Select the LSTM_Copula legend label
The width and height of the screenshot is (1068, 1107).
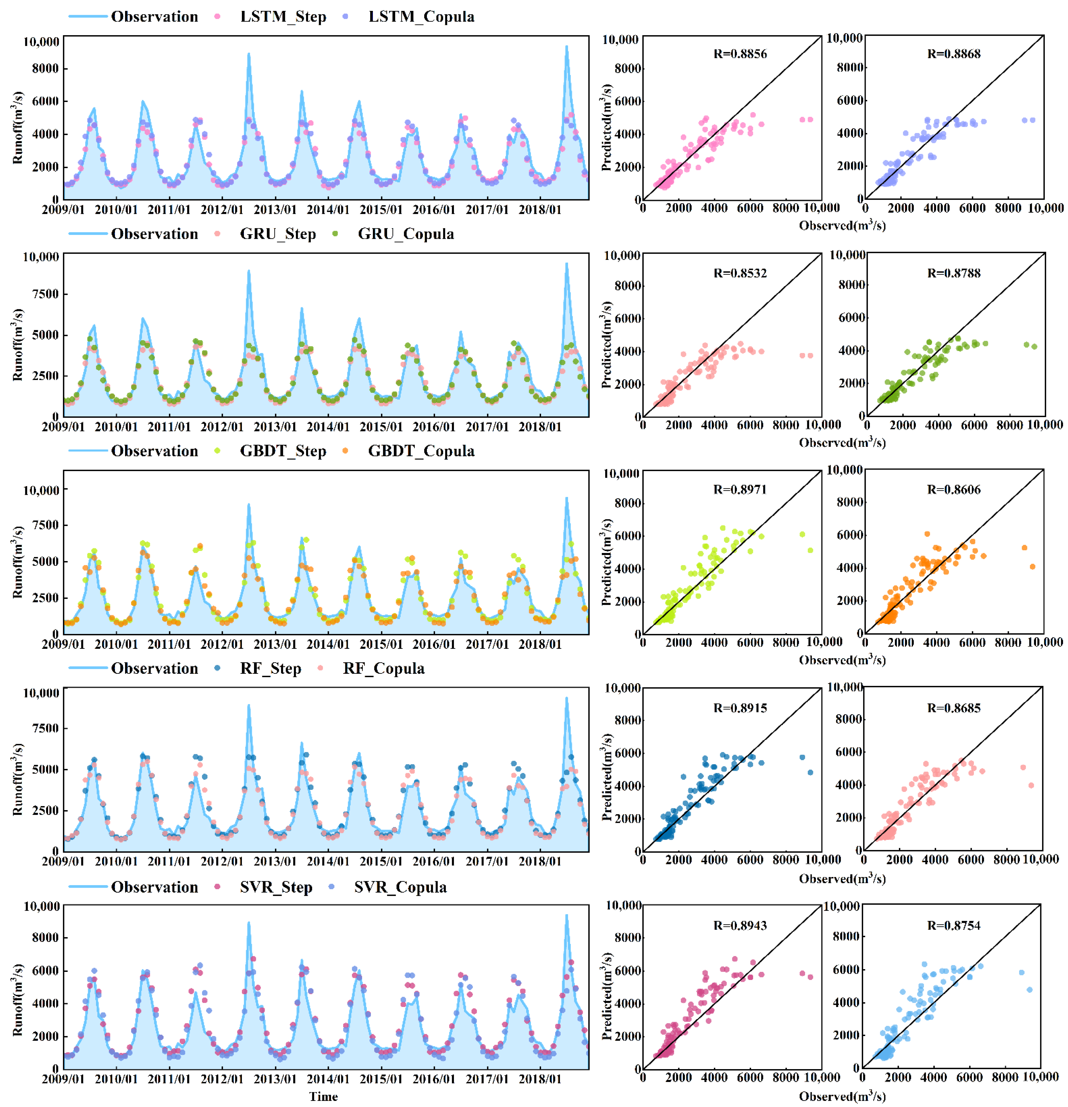pos(421,16)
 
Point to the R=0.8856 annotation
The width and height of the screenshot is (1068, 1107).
pos(740,54)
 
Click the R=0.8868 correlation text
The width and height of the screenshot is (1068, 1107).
pos(953,54)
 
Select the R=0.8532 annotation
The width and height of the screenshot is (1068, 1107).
pos(740,273)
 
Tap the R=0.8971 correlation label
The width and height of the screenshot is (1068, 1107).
pos(740,489)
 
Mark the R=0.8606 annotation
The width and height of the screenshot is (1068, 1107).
pos(953,489)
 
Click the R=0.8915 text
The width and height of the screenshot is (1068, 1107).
pos(740,708)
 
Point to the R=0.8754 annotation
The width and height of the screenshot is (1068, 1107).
pos(953,925)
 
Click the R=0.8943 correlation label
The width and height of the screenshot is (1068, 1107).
pos(740,925)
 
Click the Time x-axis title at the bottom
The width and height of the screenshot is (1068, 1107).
pos(323,1096)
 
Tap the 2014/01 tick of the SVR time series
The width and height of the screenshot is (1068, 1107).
pos(328,1079)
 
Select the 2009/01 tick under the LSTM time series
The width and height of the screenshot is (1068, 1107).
pos(63,209)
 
